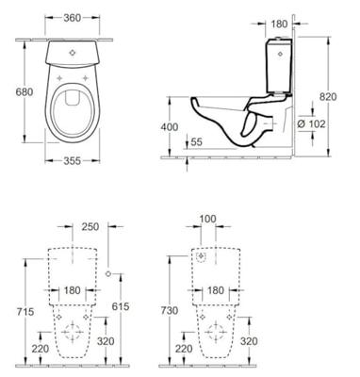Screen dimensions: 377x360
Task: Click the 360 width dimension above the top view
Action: [x=65, y=19]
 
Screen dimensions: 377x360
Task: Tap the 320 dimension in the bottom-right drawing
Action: [x=248, y=341]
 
